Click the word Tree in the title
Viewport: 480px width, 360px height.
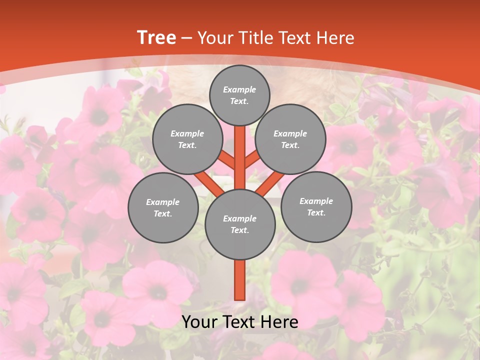tap(156, 37)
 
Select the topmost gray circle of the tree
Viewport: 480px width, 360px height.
tap(239, 95)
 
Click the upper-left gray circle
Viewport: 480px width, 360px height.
tap(187, 139)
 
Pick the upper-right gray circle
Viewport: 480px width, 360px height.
tap(290, 139)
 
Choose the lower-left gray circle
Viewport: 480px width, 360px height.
tap(163, 207)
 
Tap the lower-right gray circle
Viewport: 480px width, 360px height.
tap(316, 206)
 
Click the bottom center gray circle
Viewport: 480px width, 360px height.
tap(239, 224)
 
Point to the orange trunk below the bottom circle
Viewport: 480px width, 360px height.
tap(239, 280)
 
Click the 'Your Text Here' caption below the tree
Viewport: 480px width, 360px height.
tap(239, 322)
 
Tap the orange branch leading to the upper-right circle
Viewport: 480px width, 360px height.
tap(253, 160)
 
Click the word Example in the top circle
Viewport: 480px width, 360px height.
tap(239, 89)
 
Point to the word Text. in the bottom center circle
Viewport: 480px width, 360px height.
tap(239, 230)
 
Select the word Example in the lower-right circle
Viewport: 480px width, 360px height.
tap(316, 201)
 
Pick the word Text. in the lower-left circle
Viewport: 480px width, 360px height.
tap(163, 213)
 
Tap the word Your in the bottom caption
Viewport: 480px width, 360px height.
tap(198, 322)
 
